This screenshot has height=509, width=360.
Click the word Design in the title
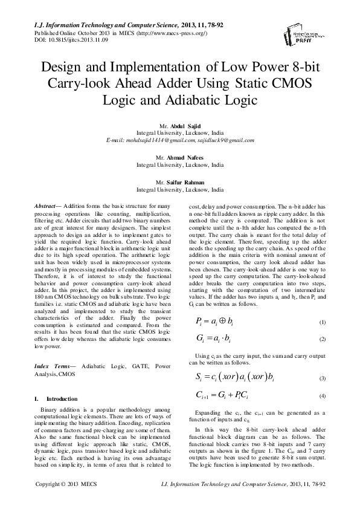pyautogui.click(x=63, y=67)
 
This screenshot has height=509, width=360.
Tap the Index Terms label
pyautogui.click(x=52, y=366)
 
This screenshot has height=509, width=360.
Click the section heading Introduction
pyautogui.click(x=62, y=399)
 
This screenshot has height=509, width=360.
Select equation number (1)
pyautogui.click(x=323, y=322)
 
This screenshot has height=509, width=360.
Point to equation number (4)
pyautogui.click(x=323, y=396)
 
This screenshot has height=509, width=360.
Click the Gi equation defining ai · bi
pyautogui.click(x=217, y=339)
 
